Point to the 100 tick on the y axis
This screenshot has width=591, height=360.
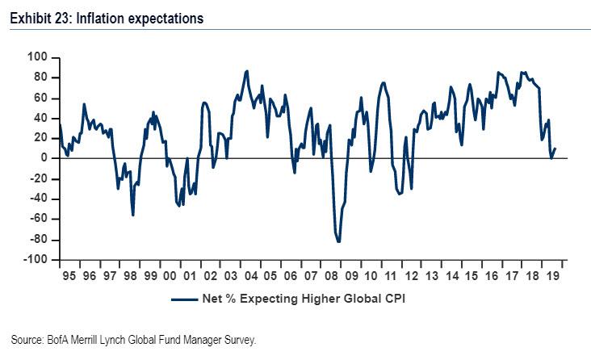(37, 57)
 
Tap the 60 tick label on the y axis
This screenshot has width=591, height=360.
(40, 98)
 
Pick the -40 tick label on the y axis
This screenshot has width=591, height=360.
(38, 199)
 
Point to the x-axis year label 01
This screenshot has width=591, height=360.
(188, 274)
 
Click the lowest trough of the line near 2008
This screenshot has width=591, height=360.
(338, 241)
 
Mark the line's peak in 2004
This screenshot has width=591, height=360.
(246, 71)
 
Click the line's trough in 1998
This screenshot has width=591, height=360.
(132, 215)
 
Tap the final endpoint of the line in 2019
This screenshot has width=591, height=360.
(555, 149)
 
